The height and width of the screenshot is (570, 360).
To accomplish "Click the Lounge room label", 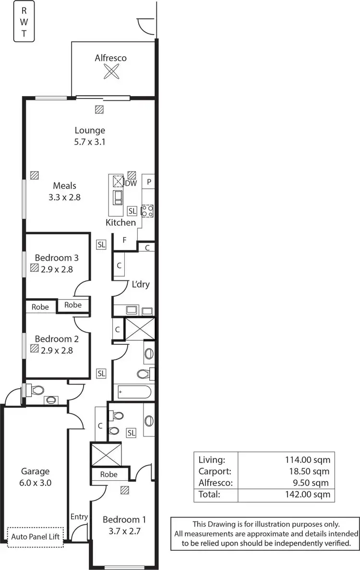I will point(90,130).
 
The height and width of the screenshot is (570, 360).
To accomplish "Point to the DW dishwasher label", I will point(131,183).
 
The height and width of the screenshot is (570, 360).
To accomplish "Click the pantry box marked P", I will point(149,182).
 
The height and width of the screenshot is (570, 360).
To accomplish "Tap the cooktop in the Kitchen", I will point(147,211).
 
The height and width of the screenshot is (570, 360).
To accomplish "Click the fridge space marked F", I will point(124,240).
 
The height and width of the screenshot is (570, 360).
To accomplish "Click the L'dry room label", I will point(141,284).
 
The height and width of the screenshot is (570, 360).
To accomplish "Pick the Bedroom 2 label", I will point(53,338).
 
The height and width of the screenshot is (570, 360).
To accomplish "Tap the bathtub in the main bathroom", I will point(133,392).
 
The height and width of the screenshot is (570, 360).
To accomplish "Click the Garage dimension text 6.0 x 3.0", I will point(35,483).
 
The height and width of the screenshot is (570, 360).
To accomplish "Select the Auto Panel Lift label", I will point(36,536).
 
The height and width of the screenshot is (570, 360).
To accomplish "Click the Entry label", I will point(79,517).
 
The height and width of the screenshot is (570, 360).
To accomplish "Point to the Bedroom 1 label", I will point(124,520).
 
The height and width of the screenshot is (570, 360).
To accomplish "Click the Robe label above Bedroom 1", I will point(109,474).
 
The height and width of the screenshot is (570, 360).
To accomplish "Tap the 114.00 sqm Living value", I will point(308,460).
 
